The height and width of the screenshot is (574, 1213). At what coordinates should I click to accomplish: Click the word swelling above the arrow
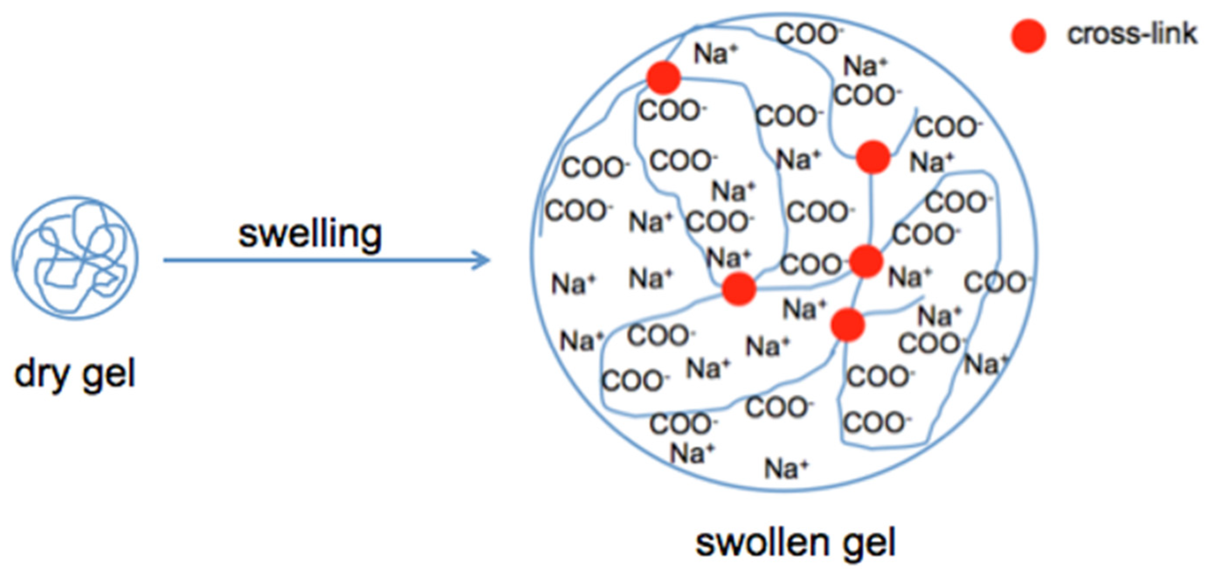(310, 234)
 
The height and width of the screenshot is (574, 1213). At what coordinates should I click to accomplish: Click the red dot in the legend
(1028, 36)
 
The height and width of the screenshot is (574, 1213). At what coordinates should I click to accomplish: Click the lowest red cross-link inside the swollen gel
(848, 324)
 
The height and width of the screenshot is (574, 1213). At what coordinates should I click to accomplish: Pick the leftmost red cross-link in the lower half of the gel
(739, 288)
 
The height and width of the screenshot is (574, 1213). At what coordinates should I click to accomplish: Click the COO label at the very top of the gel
(808, 35)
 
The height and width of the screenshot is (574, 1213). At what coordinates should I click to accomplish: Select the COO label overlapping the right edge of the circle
(996, 282)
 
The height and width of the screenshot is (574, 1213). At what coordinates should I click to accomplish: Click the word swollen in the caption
(762, 543)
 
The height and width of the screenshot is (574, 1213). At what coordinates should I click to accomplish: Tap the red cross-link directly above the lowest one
(866, 261)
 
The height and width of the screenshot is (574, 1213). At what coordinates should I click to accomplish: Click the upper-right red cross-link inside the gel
(873, 157)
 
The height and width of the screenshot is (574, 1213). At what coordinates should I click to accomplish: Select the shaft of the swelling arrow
(320, 259)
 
